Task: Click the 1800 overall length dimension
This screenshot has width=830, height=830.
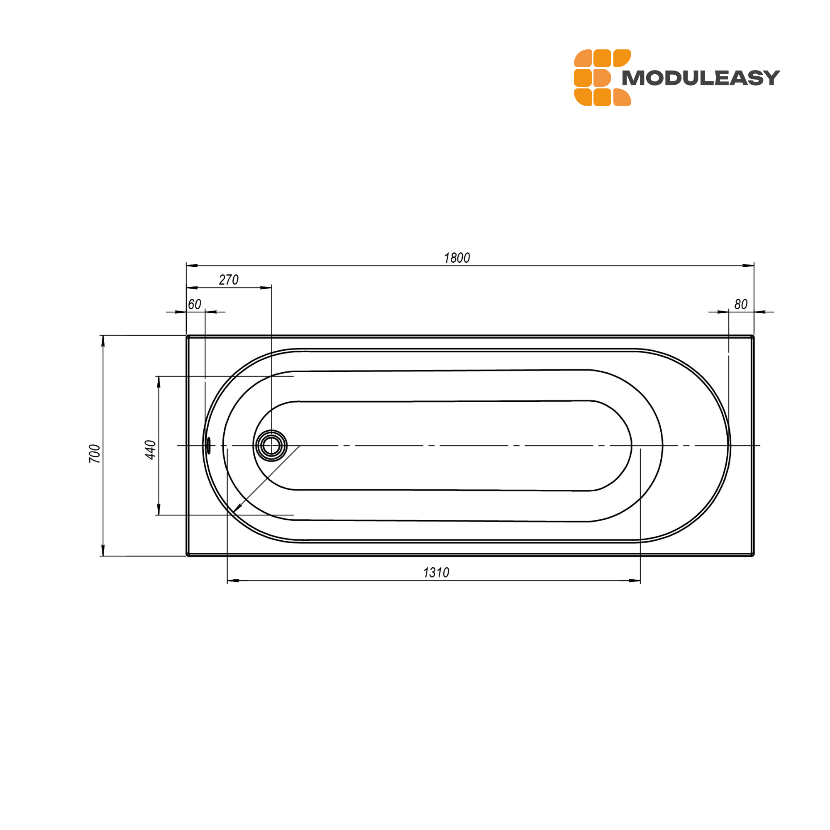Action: (456, 258)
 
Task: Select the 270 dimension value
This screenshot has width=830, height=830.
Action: (229, 280)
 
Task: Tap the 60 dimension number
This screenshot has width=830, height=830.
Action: (195, 304)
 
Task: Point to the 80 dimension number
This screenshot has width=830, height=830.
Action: (741, 304)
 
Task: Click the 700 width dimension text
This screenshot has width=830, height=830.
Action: (95, 454)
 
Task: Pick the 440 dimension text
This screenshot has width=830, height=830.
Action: (150, 450)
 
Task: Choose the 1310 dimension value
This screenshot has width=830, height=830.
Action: (436, 573)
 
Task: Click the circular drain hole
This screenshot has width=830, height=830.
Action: (271, 445)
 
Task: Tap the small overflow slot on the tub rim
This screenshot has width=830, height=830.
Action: (209, 445)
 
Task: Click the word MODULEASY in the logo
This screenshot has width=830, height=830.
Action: (701, 78)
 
